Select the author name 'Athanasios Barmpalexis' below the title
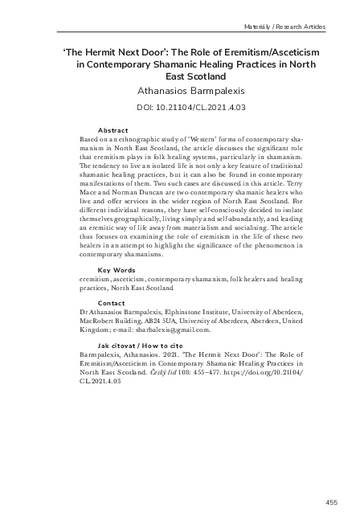179,92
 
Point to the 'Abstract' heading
112,129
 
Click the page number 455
332,501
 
